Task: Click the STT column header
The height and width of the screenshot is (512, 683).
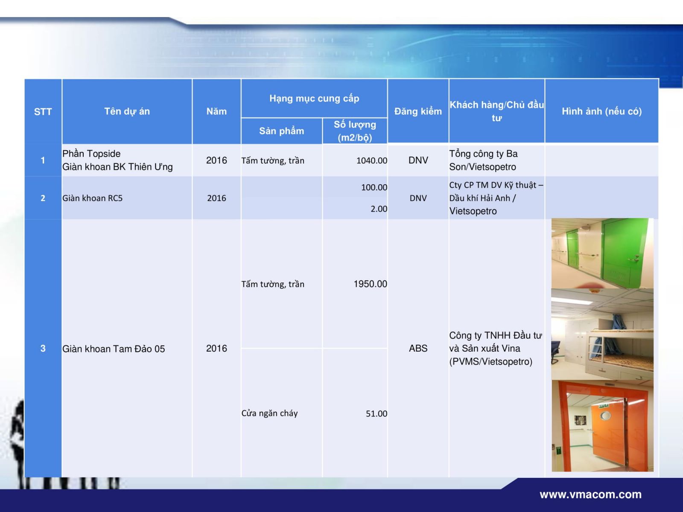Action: coord(43,112)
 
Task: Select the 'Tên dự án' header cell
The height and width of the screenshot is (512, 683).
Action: coord(127,111)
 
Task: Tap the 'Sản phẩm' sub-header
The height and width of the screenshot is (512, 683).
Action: coord(282,131)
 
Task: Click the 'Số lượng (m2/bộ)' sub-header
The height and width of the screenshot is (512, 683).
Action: coord(355,131)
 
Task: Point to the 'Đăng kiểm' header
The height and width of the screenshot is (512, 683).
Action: coord(418,111)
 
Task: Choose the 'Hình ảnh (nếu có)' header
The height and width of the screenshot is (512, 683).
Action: coord(601,111)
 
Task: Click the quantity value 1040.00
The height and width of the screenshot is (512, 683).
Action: coord(371,161)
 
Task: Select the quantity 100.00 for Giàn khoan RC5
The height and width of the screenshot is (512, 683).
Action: coord(374,187)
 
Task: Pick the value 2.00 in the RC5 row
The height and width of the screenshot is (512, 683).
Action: coord(379,209)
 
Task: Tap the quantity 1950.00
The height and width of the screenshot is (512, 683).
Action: coord(370,284)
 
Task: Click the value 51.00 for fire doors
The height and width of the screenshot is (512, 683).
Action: coord(377,414)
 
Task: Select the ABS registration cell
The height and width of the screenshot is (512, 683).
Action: coord(418,349)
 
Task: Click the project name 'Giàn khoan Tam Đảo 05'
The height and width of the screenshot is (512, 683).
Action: coord(114,349)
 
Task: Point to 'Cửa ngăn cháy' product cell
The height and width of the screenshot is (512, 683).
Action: coord(269,413)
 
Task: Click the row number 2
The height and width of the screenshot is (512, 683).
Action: coord(43,198)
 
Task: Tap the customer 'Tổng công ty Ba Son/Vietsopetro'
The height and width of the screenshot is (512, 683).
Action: coord(483,160)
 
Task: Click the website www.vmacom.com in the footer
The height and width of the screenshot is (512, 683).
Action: coord(591,495)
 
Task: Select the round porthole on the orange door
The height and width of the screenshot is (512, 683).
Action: coord(605,415)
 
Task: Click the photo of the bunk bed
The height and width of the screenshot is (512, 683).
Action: coord(602,334)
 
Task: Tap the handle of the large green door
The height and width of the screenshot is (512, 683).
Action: coord(633,258)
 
